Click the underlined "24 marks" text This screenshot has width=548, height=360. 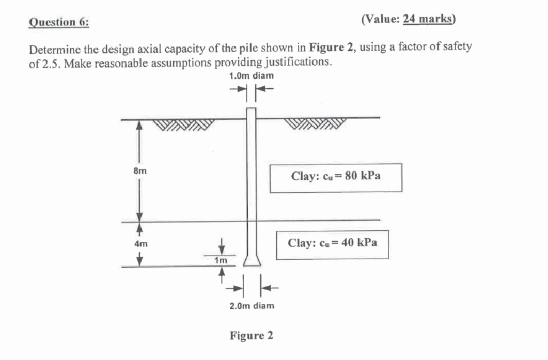pos(427,20)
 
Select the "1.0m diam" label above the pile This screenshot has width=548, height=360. pos(251,75)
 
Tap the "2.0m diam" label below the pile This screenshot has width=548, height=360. pos(252,305)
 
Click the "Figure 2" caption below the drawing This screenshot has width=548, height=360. pos(251,336)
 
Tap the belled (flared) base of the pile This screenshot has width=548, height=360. pos(251,260)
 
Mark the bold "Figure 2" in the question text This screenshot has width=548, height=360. pos(332,47)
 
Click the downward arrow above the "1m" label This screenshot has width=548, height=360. pos(222,244)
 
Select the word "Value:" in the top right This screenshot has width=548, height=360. pos(382,20)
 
